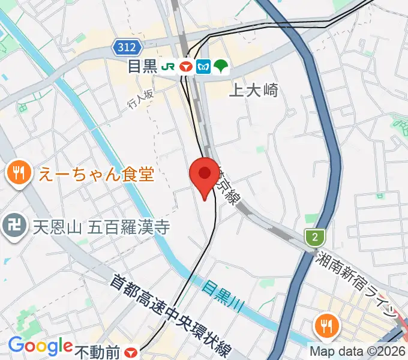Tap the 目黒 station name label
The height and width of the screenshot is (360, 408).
(x=142, y=67)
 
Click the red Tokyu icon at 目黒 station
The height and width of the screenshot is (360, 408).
(x=186, y=67)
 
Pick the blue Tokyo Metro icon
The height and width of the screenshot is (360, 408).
(x=203, y=67)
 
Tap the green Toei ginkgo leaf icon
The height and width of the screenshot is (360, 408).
(x=221, y=67)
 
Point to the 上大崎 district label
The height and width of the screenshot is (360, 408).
(x=254, y=90)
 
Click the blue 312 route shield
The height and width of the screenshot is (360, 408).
(x=127, y=47)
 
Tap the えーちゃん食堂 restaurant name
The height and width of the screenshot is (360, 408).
(x=97, y=175)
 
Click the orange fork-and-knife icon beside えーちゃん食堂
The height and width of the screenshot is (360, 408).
(x=19, y=174)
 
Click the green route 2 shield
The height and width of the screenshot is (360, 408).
(x=313, y=237)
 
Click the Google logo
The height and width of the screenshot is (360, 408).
(x=40, y=346)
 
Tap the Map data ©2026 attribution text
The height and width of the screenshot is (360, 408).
(x=358, y=352)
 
